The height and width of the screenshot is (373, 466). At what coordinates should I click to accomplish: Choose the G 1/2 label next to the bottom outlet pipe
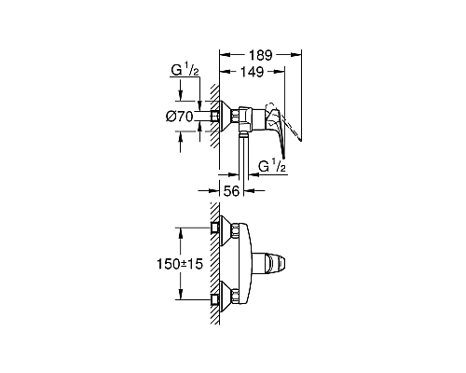[272, 167]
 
